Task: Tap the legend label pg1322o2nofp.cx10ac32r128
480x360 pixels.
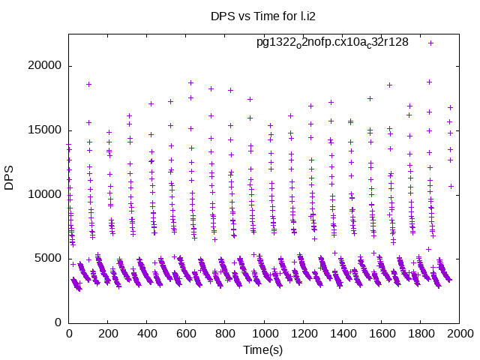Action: click(332, 42)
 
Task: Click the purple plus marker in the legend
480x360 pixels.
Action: click(431, 43)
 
